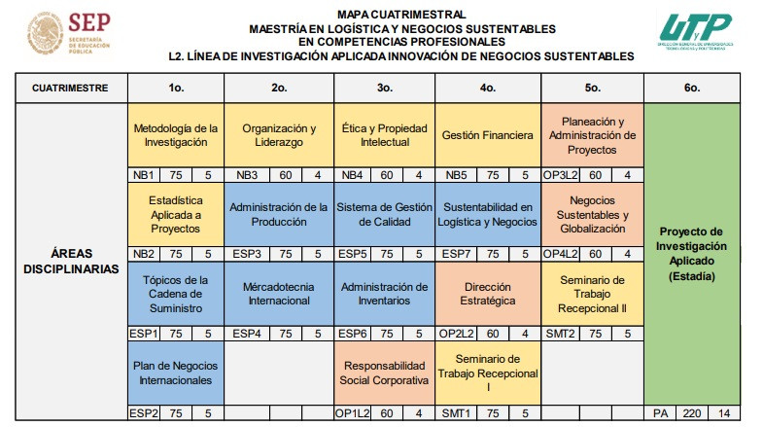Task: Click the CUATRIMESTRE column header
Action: (69, 88)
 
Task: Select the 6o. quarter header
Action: (691, 88)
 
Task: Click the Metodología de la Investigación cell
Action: (176, 134)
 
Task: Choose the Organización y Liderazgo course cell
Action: (279, 134)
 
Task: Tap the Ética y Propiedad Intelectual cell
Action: (384, 134)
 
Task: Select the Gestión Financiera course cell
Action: (487, 134)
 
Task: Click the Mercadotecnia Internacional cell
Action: (279, 295)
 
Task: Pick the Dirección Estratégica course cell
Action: (487, 295)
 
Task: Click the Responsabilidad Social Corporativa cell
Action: (384, 373)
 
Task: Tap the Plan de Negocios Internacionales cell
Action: (176, 373)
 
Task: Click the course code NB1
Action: (144, 175)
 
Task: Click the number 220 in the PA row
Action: (691, 412)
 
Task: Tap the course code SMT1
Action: (455, 412)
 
